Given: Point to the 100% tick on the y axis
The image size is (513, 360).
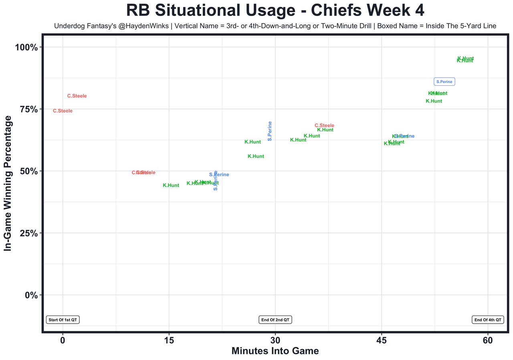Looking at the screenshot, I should point(26,47).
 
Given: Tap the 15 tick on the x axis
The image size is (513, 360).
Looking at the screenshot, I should point(169,340).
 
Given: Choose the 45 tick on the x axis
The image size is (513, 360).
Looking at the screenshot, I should point(382,340).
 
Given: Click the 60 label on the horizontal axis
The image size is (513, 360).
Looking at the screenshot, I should point(488,340).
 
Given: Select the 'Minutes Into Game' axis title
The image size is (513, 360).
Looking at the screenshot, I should point(275,351).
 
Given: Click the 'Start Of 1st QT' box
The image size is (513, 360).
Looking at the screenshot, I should point(63,320).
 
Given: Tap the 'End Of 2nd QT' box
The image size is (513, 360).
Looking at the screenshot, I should point(275,320).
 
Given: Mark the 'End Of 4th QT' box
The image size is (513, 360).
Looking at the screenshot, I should point(488,320).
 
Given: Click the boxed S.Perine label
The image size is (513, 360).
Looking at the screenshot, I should point(444,82).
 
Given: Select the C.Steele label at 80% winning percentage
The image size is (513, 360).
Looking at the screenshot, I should point(77,96).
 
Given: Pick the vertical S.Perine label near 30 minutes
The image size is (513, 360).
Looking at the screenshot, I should point(270,131).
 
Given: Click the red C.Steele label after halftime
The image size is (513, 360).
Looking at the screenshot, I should point(324,125).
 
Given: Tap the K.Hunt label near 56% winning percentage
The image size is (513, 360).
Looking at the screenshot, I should point(256,157).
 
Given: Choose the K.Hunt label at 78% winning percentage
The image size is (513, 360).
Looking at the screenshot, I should point(434,101).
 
